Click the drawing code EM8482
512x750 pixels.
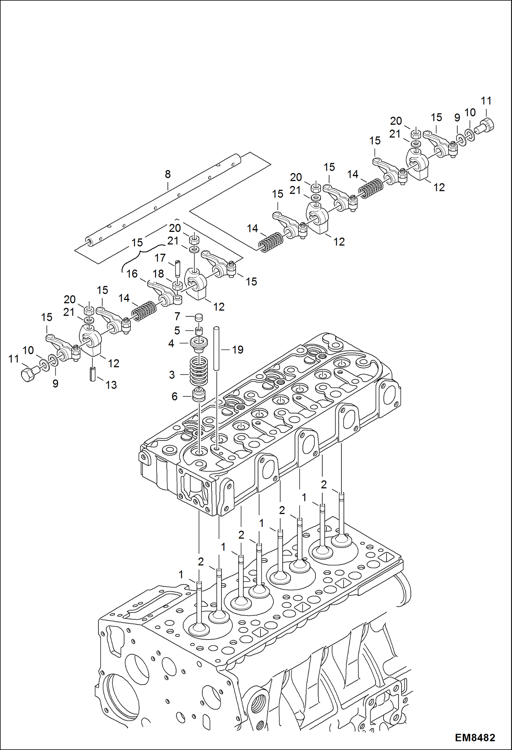[x=475, y=737]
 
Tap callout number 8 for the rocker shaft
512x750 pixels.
[x=167, y=174]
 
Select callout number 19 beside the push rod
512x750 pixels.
[x=238, y=350]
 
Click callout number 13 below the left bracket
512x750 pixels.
[x=111, y=385]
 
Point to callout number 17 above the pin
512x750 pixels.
[x=160, y=258]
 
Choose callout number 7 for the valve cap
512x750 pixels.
[x=177, y=316]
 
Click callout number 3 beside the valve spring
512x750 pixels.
[x=172, y=375]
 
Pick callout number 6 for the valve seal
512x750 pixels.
[x=174, y=396]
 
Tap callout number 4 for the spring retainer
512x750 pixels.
[x=171, y=343]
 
